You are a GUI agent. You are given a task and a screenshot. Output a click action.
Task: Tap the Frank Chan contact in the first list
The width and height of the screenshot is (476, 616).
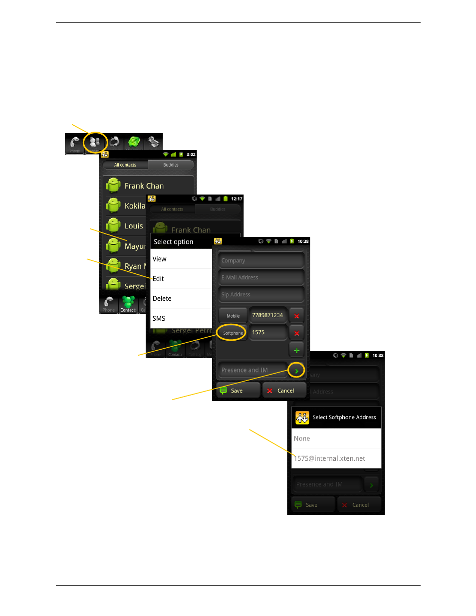click(145, 186)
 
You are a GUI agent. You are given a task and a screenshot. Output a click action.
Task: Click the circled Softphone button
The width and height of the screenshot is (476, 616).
click(233, 333)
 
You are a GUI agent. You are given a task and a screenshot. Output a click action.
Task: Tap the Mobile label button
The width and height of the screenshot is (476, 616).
click(233, 316)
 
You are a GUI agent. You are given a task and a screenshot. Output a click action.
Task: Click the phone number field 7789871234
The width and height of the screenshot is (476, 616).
click(268, 315)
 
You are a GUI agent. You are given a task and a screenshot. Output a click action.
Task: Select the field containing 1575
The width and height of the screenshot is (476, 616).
click(268, 332)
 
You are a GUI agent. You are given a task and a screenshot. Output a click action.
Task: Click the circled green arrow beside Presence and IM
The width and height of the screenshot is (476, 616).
click(296, 371)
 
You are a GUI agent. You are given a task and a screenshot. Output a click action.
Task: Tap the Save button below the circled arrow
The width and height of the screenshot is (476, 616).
click(238, 391)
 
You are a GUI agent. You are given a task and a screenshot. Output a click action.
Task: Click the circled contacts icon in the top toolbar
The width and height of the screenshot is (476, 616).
click(95, 143)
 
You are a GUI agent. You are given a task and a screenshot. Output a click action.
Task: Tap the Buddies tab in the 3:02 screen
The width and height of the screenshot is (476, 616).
click(171, 165)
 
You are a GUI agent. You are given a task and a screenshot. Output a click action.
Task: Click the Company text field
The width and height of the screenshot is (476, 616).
click(261, 260)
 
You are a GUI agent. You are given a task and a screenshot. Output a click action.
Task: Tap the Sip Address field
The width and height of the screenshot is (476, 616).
click(261, 294)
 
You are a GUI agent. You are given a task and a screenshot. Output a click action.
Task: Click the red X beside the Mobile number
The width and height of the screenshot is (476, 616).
click(297, 316)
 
